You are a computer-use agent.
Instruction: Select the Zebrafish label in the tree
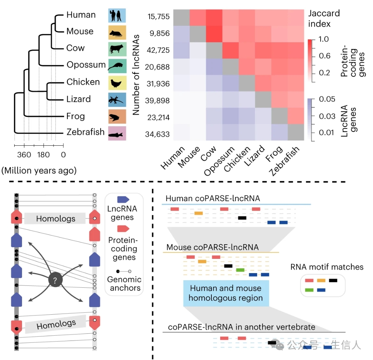(x=85, y=132)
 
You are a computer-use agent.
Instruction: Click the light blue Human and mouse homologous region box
(x=226, y=293)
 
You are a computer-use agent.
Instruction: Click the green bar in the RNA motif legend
(x=309, y=290)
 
